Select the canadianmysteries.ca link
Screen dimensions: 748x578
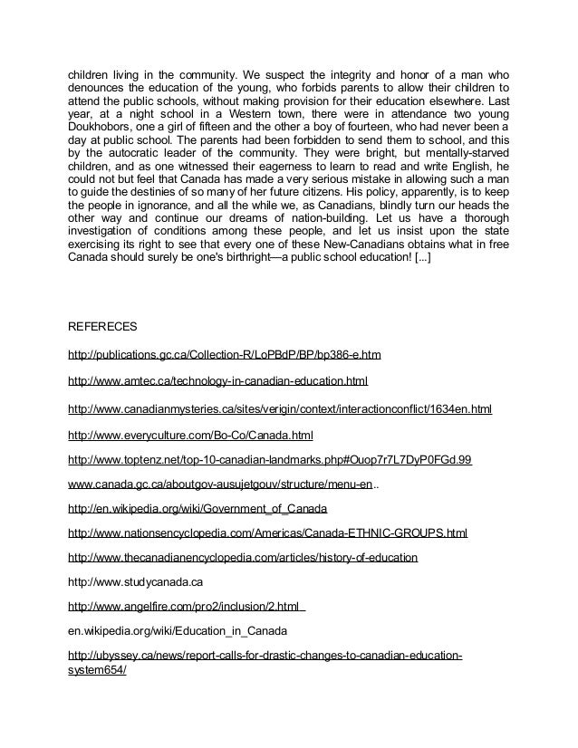[x=279, y=409]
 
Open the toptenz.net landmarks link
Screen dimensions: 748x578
[x=270, y=461]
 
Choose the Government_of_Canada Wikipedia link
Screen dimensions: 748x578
[x=197, y=509]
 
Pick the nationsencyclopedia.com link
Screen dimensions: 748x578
[x=267, y=533]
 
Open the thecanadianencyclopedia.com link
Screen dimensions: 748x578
[x=243, y=558]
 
